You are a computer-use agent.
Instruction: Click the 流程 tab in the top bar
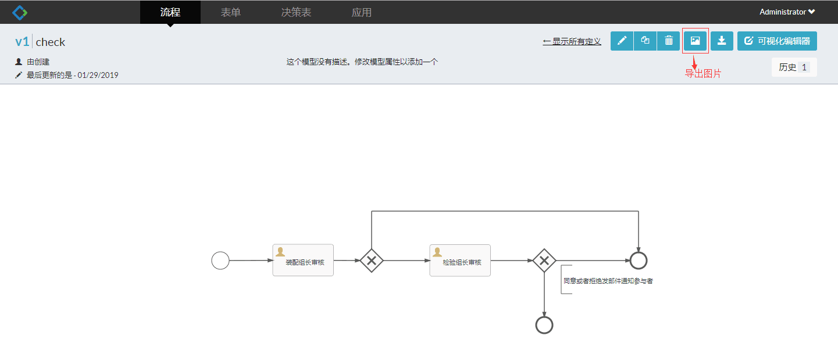coord(170,12)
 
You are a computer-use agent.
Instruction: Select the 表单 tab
coord(231,12)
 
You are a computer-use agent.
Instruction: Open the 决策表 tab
coord(296,12)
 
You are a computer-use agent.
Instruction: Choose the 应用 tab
coord(362,12)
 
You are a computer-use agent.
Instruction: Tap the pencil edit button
coord(622,41)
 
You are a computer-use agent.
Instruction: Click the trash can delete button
coord(669,41)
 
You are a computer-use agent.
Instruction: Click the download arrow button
coord(722,41)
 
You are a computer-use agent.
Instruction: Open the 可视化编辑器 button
coord(777,41)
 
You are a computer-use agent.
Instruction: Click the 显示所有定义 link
coord(572,41)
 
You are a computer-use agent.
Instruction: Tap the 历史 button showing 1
coord(794,67)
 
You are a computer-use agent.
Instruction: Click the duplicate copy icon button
coord(645,41)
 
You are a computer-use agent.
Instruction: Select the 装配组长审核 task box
coord(303,260)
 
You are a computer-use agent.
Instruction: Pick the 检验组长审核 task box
coord(460,260)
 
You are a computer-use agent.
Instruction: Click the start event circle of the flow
coord(220,261)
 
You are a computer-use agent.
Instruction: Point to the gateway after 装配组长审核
coord(372,261)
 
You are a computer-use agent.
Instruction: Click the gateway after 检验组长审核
coord(544,261)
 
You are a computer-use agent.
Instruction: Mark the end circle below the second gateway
coord(544,325)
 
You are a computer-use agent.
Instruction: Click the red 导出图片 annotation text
coord(703,74)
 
